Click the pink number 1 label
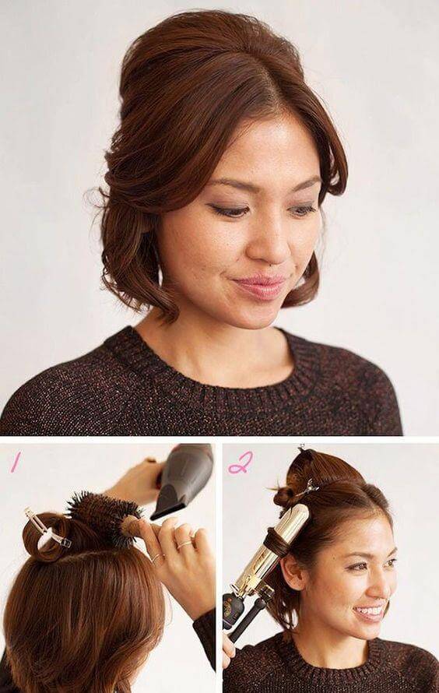coord(16,463)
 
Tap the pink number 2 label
coord(241,463)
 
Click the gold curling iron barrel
coord(272,548)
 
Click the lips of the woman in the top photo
coord(260,287)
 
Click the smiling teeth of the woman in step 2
coord(370,613)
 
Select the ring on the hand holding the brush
coord(185,544)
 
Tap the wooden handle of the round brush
coord(135,526)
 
